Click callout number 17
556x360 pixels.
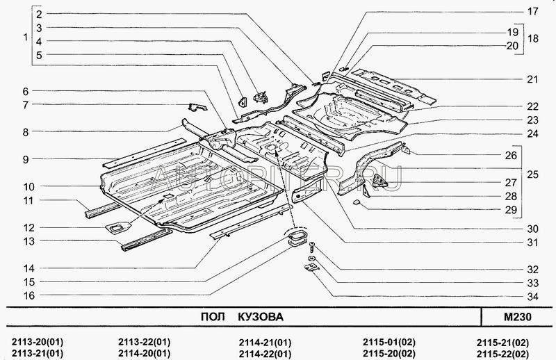tap(532, 12)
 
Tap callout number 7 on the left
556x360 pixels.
tap(25, 105)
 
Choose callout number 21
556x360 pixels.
tap(532, 79)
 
